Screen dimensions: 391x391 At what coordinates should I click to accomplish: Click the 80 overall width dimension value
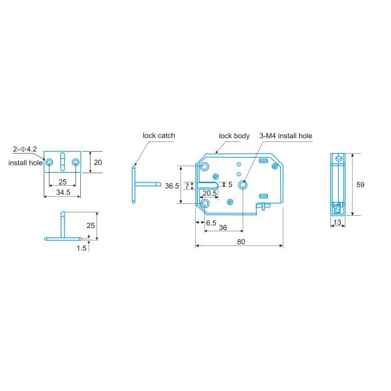click(240, 241)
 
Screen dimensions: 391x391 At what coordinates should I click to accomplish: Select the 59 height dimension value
click(360, 185)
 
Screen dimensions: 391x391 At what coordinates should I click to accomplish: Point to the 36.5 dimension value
click(172, 186)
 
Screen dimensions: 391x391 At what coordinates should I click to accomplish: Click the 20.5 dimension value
click(210, 194)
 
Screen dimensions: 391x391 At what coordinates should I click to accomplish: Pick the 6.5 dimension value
click(211, 222)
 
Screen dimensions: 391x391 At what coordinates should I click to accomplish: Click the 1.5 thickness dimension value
click(81, 248)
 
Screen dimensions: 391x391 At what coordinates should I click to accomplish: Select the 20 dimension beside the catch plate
click(98, 162)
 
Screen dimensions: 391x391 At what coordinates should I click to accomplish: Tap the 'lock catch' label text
click(159, 136)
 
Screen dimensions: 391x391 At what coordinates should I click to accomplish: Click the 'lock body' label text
click(234, 136)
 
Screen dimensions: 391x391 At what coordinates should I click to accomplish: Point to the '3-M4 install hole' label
click(285, 136)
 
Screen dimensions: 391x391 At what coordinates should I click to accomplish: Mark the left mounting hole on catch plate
click(48, 162)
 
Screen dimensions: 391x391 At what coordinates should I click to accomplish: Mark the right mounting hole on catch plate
click(76, 162)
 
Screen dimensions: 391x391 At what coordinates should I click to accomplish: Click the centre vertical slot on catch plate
click(62, 162)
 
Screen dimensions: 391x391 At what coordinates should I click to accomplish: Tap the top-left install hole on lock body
click(205, 167)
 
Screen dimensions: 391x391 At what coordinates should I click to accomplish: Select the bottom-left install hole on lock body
click(205, 204)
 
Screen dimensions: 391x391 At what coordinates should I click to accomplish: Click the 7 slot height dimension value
click(188, 186)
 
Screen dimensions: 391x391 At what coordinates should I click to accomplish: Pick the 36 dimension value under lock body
click(223, 228)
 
